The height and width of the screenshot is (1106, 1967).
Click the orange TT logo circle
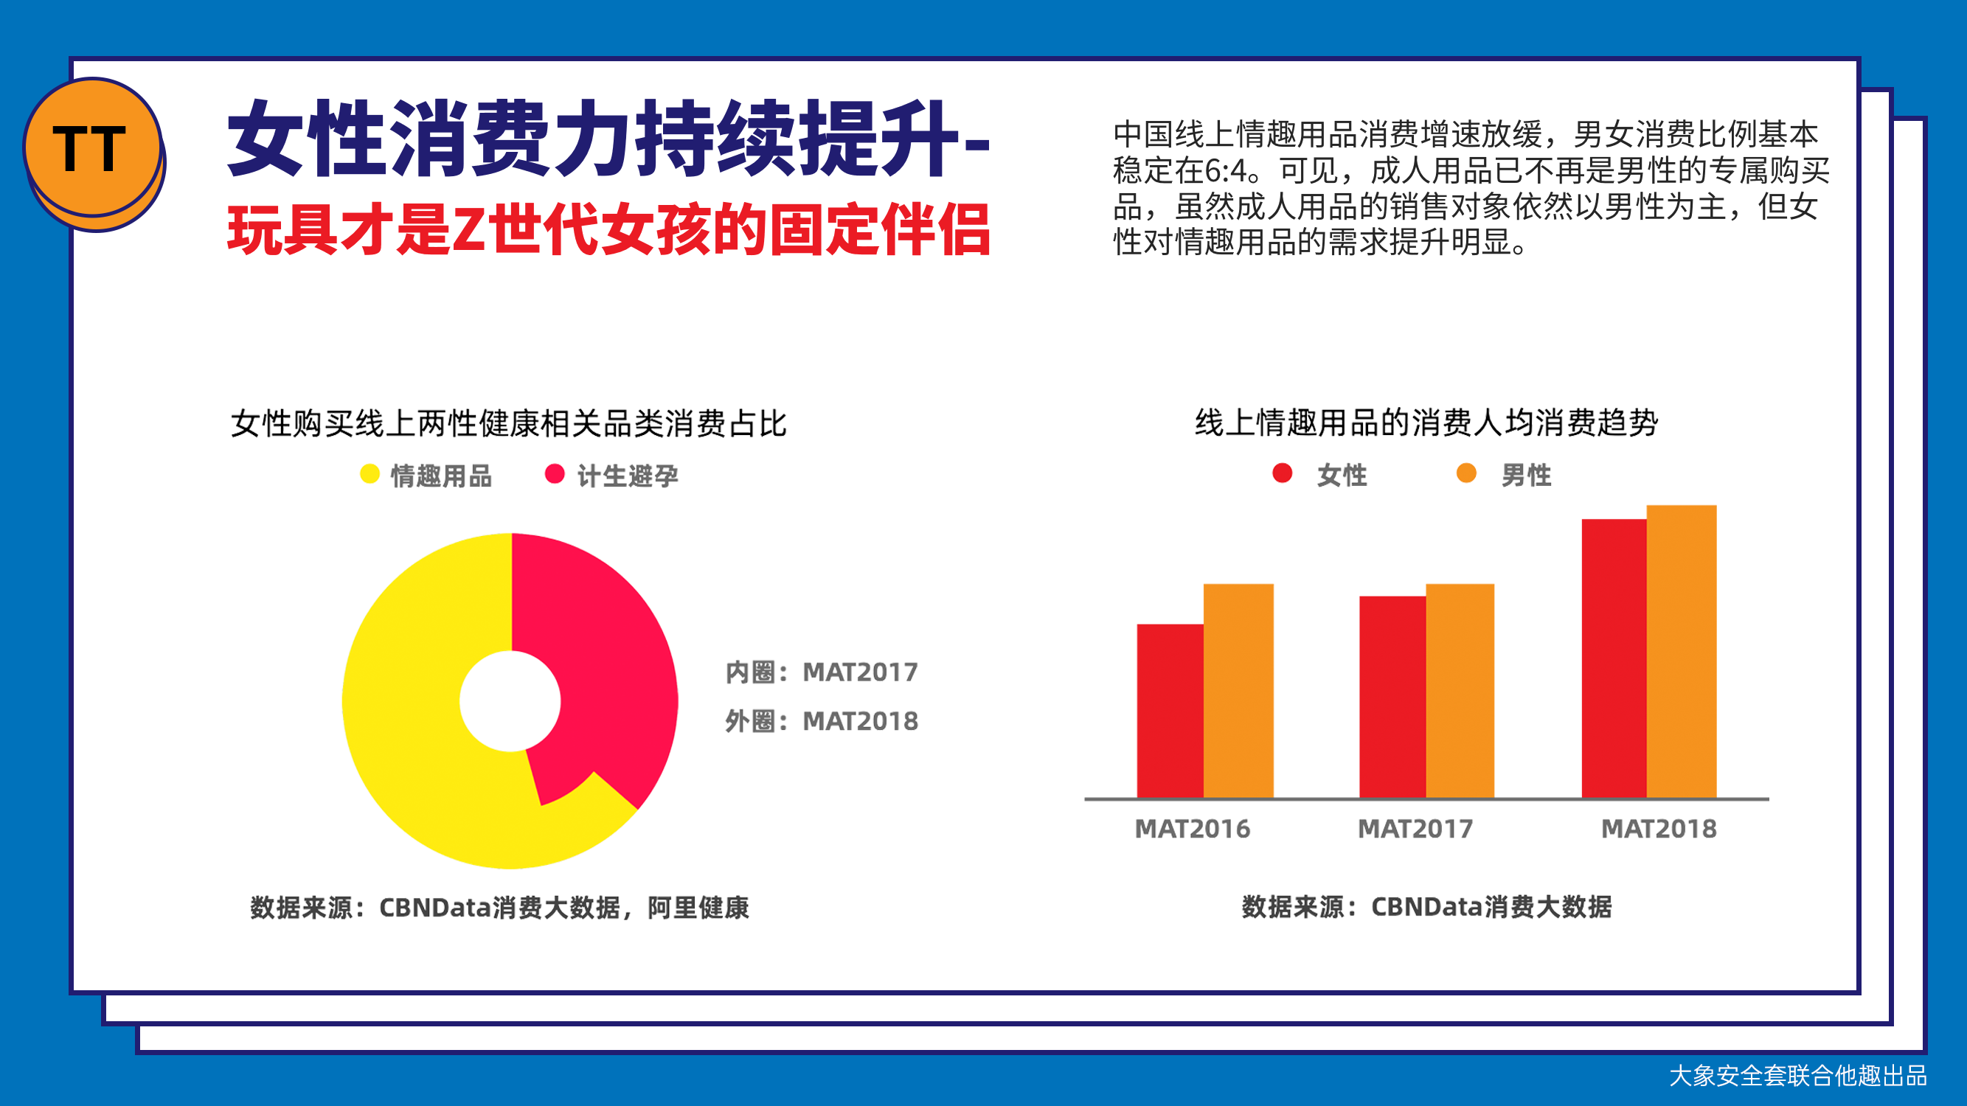click(x=93, y=147)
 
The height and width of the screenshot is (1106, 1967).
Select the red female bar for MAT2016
click(x=1170, y=711)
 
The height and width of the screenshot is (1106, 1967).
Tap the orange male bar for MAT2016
click(x=1238, y=691)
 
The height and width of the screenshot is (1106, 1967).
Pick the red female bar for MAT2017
click(x=1392, y=697)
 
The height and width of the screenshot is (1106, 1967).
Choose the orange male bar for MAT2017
click(x=1460, y=691)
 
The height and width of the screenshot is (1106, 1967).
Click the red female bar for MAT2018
click(x=1614, y=658)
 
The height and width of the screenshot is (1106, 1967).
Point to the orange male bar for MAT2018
click(x=1682, y=651)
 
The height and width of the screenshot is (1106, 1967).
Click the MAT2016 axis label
click(x=1193, y=829)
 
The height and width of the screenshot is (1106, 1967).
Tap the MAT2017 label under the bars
click(x=1415, y=829)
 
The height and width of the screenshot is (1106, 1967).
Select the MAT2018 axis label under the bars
click(x=1659, y=829)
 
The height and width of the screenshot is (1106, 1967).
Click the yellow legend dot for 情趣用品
click(x=370, y=474)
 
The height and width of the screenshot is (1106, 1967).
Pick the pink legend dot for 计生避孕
click(x=555, y=474)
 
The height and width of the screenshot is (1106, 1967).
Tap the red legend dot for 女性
click(x=1283, y=473)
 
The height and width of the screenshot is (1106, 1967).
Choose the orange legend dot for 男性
click(x=1467, y=473)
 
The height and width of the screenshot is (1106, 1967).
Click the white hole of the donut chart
click(x=510, y=700)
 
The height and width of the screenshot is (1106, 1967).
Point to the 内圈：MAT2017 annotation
click(x=822, y=672)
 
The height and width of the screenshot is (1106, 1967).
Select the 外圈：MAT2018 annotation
click(x=822, y=721)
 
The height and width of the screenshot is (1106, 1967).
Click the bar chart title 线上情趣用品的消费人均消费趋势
click(x=1426, y=422)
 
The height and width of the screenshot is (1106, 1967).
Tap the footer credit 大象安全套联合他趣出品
click(x=1798, y=1077)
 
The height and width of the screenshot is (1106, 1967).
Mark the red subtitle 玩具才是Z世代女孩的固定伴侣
click(x=608, y=230)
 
